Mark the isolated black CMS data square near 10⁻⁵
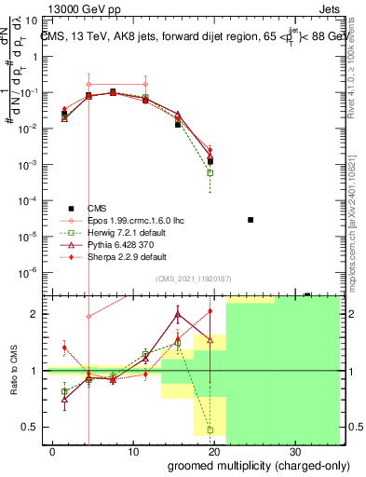251,219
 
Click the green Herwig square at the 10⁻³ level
210,172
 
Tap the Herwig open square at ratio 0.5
210,429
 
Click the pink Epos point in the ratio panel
89,317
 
